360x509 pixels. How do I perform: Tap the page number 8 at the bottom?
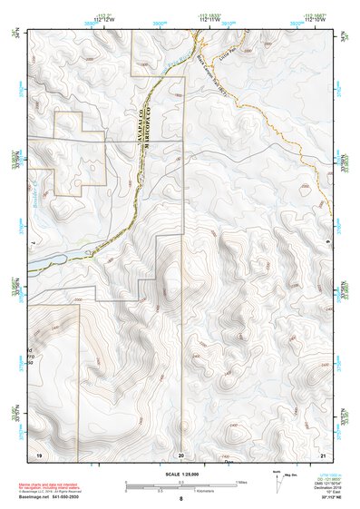180,499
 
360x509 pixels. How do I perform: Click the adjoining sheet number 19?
39,452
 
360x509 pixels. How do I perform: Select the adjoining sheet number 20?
180,453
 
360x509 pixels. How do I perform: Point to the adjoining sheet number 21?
322,452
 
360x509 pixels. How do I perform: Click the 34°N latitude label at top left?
15,34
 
